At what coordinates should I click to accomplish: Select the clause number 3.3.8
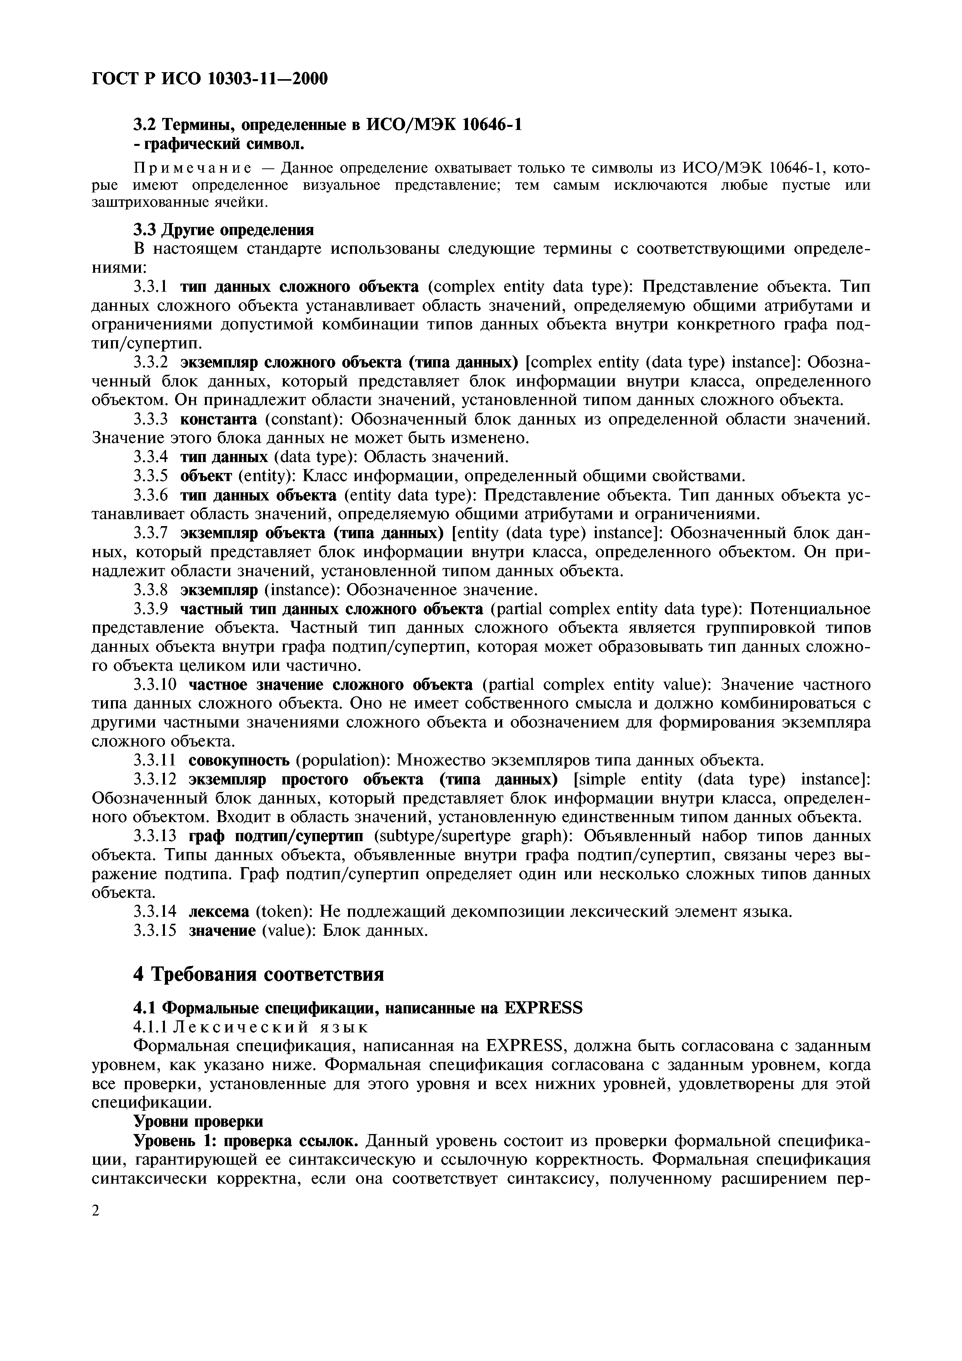point(151,590)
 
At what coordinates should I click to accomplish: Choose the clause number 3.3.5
point(151,476)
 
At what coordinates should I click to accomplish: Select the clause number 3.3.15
point(155,930)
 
